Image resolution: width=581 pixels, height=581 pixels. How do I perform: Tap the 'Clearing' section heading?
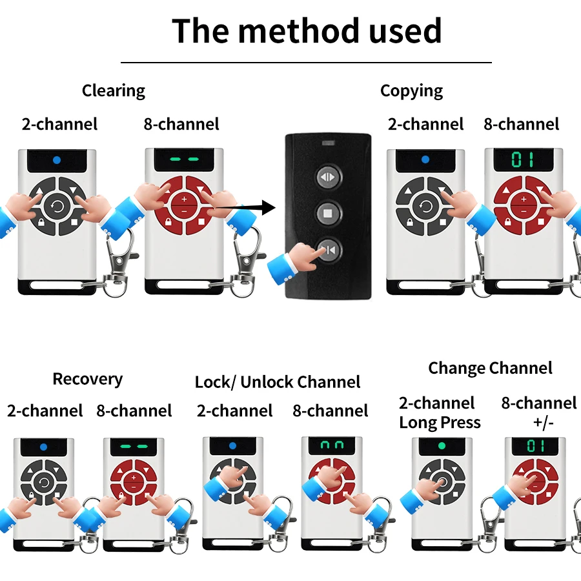pos(114,90)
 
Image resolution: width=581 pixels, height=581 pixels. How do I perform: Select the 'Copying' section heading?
pos(411,90)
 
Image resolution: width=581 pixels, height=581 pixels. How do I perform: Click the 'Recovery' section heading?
pos(87,378)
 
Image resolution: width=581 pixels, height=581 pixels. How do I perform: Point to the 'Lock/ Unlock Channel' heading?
pos(278,382)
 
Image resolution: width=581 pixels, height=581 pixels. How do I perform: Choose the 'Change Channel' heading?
pos(490,368)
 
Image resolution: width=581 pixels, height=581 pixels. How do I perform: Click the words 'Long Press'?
pos(440,423)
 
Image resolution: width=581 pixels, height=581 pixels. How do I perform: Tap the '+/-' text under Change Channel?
pos(539,423)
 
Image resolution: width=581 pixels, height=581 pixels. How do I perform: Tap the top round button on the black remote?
pos(327,177)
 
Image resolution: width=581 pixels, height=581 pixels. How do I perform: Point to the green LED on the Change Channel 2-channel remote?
pos(442,445)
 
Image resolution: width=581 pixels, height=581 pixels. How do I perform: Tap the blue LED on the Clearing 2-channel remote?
pos(57,159)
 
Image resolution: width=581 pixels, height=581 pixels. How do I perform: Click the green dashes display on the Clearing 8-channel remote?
pos(183,159)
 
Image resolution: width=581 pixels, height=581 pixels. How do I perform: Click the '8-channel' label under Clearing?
pos(181,124)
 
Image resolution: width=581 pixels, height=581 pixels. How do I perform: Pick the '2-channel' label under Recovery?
pos(45,411)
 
